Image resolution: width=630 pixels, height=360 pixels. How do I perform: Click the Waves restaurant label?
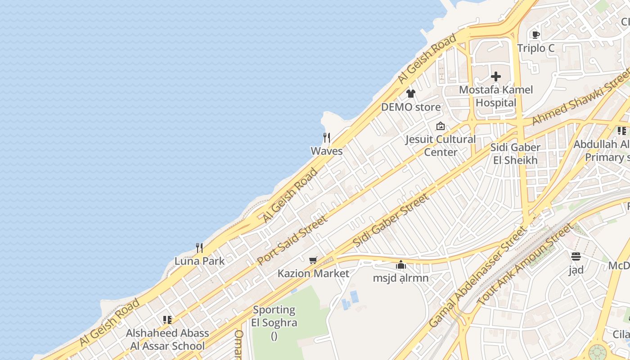(327, 151)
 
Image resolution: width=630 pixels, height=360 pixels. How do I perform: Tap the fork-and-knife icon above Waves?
(327, 138)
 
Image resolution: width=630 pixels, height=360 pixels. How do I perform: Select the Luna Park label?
(199, 261)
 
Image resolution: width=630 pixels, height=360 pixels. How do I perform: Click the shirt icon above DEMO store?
(411, 94)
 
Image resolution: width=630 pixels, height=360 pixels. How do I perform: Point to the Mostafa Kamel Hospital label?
(496, 96)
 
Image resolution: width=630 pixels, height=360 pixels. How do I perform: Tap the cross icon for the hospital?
(496, 76)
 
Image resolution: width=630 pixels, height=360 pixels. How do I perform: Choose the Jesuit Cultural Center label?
(441, 146)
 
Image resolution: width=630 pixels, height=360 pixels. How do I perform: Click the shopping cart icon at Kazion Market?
(313, 260)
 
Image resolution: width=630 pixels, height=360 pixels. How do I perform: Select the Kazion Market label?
(313, 273)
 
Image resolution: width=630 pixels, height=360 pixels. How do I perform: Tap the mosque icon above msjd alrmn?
(401, 265)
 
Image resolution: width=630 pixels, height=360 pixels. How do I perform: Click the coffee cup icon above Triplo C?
(535, 35)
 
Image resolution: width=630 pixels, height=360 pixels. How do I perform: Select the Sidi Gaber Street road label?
(391, 220)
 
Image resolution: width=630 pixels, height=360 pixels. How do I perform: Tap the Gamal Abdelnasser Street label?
(477, 277)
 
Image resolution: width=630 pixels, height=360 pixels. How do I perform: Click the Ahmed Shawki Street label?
(580, 98)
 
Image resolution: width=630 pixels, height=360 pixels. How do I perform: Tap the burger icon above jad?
(576, 256)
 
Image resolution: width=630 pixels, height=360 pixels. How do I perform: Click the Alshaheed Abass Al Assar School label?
(167, 340)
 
